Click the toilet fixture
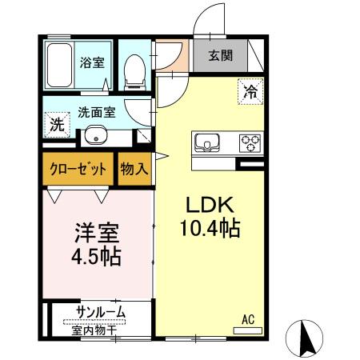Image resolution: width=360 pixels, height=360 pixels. [x=136, y=70]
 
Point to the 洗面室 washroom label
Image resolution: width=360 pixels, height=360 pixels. [x=96, y=112]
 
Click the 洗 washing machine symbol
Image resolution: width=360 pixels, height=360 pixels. [x=56, y=125]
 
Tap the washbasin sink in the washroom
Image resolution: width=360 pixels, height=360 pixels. [x=97, y=134]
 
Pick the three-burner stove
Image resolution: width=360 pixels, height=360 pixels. [x=250, y=144]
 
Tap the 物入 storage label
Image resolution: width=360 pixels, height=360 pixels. [x=134, y=170]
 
